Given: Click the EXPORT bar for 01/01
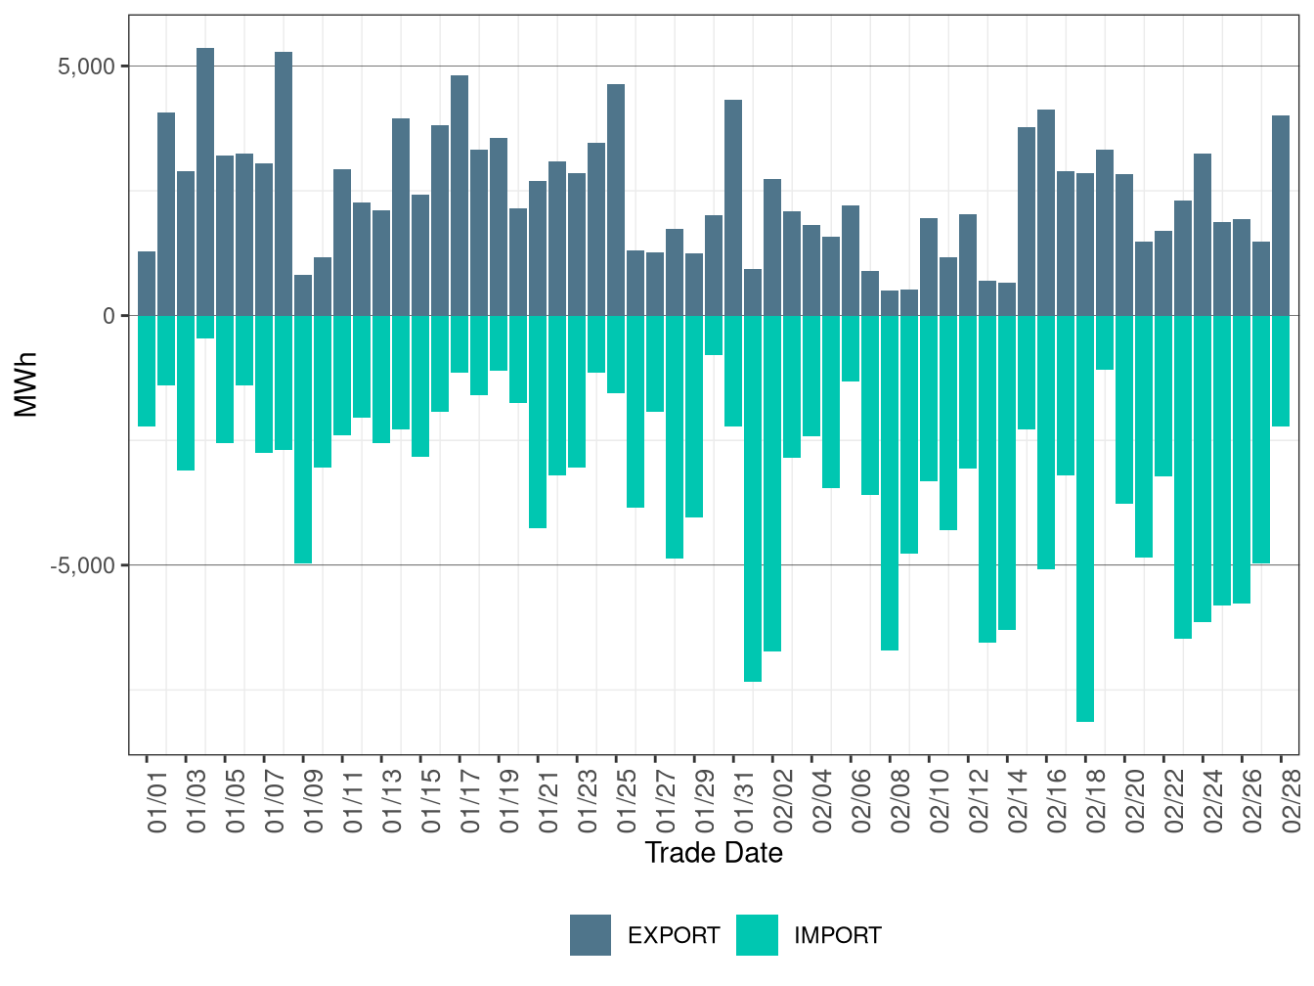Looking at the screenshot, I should pyautogui.click(x=147, y=284).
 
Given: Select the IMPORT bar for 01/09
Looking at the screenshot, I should pyautogui.click(x=303, y=439).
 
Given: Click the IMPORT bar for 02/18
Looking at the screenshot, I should pyautogui.click(x=1085, y=518).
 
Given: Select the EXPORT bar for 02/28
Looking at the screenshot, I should pyautogui.click(x=1281, y=215).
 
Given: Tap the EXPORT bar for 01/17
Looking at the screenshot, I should pyautogui.click(x=460, y=196).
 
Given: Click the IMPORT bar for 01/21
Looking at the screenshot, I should pyautogui.click(x=538, y=422).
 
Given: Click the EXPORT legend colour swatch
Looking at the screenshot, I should pyautogui.click(x=591, y=935).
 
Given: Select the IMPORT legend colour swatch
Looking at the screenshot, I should pyautogui.click(x=757, y=935).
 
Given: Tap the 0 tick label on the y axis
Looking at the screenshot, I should pyautogui.click(x=109, y=316).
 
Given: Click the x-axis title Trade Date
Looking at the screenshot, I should pyautogui.click(x=714, y=853).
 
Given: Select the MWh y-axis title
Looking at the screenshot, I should pyautogui.click(x=26, y=384).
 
